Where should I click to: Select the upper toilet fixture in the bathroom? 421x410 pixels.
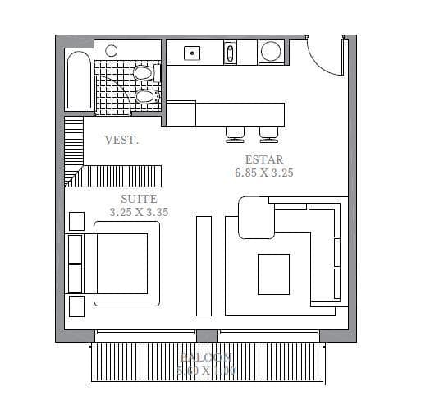(x=142, y=74)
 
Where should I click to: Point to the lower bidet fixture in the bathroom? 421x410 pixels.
(x=144, y=98)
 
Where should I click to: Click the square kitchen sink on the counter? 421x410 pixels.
(x=194, y=53)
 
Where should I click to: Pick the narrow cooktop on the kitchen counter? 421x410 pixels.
(x=231, y=53)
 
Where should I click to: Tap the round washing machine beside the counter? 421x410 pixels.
(x=272, y=52)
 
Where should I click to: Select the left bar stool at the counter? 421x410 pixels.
(x=235, y=133)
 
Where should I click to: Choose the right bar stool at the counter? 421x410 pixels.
(x=268, y=133)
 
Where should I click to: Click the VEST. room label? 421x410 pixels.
(x=121, y=141)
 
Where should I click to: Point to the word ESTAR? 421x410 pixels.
(x=263, y=159)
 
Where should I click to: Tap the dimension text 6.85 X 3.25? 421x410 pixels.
(x=263, y=173)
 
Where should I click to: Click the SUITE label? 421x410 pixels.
(x=139, y=199)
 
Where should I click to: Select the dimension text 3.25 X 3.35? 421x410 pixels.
(x=139, y=212)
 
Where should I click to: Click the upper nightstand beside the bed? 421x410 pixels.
(x=76, y=221)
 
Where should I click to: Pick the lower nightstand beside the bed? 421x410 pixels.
(x=76, y=306)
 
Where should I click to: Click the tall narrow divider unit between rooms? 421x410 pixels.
(x=203, y=265)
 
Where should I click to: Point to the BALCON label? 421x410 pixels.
(x=207, y=359)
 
